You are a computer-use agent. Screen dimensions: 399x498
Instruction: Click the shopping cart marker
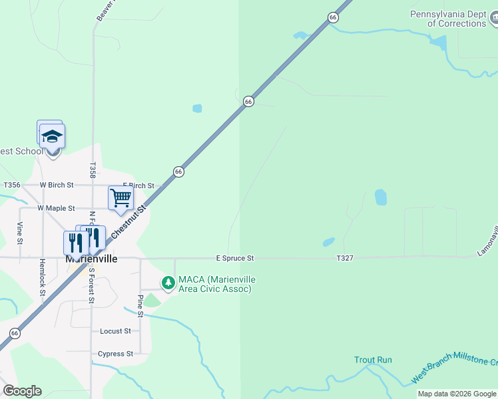click(121, 198)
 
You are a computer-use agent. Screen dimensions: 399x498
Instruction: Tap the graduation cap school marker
click(52, 137)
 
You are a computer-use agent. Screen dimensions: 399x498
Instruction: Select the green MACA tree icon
click(168, 283)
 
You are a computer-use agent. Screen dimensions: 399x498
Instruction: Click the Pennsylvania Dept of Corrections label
click(453, 19)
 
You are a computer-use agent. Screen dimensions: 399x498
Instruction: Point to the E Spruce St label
click(235, 258)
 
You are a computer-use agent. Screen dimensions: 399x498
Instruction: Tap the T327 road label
click(344, 258)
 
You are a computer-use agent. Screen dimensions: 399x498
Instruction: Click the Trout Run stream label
click(373, 360)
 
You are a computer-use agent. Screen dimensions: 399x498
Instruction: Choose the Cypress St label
click(115, 354)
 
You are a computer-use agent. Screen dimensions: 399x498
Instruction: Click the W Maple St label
click(56, 208)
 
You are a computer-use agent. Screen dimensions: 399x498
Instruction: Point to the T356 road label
click(12, 185)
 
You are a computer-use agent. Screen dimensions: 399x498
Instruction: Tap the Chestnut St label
click(128, 223)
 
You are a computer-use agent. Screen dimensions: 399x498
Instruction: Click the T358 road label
click(93, 170)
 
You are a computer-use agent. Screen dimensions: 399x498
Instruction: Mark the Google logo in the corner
click(22, 391)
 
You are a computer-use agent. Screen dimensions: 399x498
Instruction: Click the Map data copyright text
click(457, 394)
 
